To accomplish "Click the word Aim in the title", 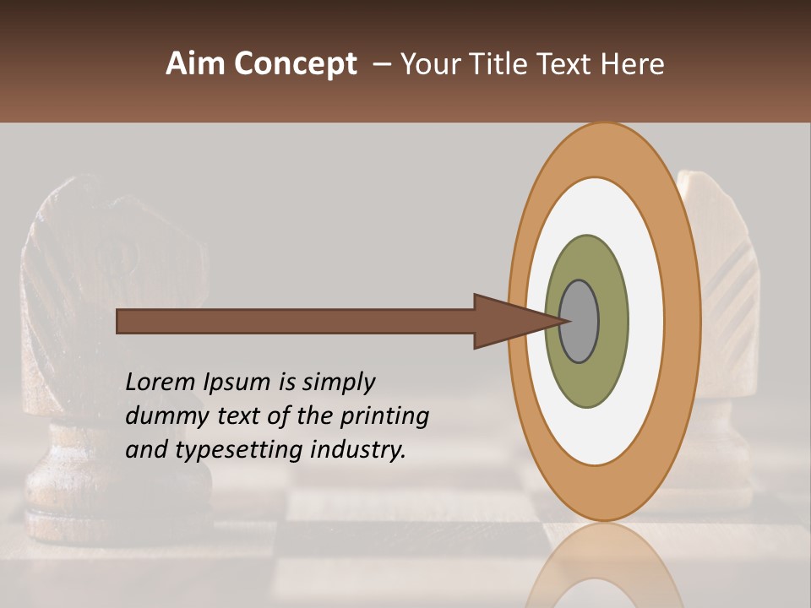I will tap(196, 64).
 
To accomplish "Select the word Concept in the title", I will tap(295, 64).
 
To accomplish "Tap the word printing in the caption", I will tap(385, 416).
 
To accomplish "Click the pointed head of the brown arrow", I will tap(507, 321).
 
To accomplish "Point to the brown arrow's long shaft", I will tap(296, 321).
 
